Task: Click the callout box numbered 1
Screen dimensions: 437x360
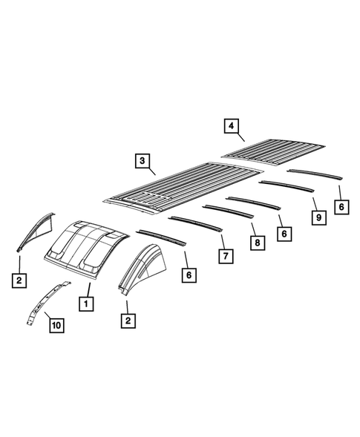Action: (x=87, y=303)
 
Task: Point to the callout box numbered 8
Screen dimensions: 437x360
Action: (x=256, y=242)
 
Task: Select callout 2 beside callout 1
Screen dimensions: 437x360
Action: (x=128, y=320)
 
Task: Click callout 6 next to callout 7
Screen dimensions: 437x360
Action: (x=189, y=275)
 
